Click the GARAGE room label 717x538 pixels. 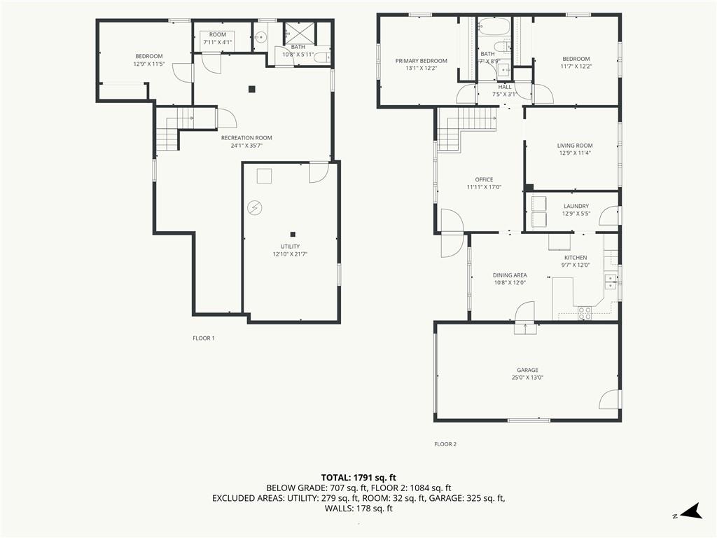pyautogui.click(x=527, y=370)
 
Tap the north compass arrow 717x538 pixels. pyautogui.click(x=692, y=511)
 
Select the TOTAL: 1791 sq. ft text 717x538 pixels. pyautogui.click(x=358, y=478)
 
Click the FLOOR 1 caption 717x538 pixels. pyautogui.click(x=204, y=338)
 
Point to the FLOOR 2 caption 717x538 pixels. pyautogui.click(x=445, y=443)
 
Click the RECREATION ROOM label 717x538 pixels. pyautogui.click(x=246, y=138)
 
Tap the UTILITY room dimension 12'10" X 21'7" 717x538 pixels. pyautogui.click(x=290, y=254)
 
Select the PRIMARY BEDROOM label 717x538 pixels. pyautogui.click(x=421, y=61)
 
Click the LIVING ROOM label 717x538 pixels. pyautogui.click(x=575, y=146)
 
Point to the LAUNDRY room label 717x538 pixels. pyautogui.click(x=576, y=207)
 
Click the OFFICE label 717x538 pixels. pyautogui.click(x=485, y=179)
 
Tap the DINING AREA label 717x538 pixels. pyautogui.click(x=510, y=275)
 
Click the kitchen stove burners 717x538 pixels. pyautogui.click(x=585, y=313)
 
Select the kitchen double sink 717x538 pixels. pyautogui.click(x=610, y=282)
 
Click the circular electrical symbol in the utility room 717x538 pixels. pyautogui.click(x=254, y=208)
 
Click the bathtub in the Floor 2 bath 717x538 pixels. pyautogui.click(x=494, y=27)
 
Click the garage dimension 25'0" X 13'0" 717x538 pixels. pyautogui.click(x=527, y=378)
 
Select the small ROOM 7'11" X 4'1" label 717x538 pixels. pyautogui.click(x=218, y=38)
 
